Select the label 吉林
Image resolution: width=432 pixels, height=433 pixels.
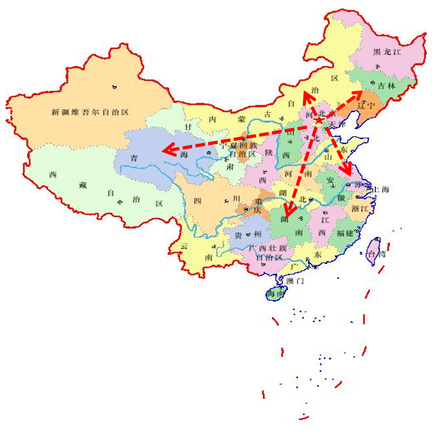(386, 87)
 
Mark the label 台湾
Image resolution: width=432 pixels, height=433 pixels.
(377, 254)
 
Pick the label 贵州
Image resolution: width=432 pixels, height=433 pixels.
(248, 234)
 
